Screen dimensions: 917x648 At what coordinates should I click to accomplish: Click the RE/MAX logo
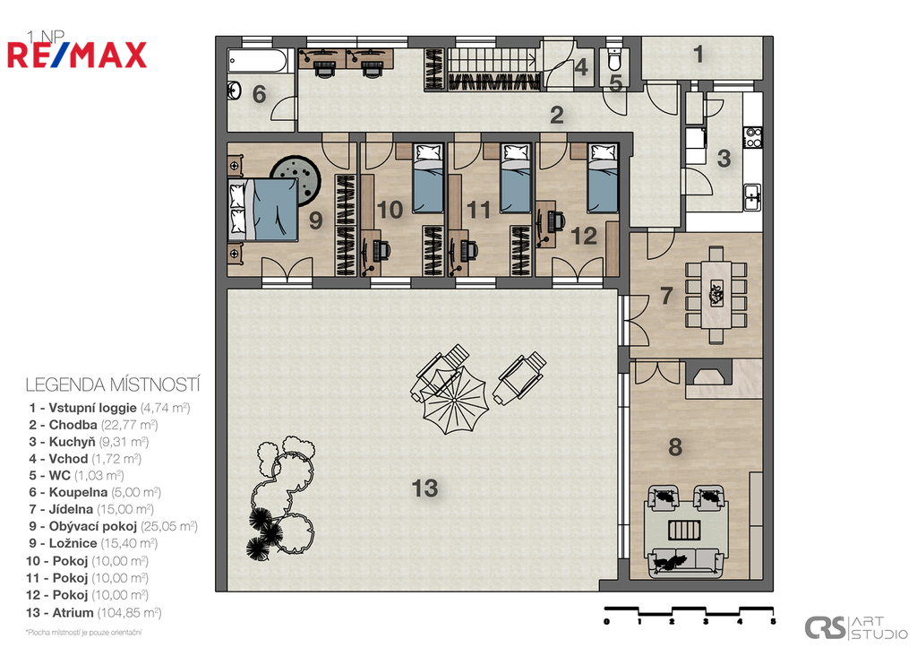[77, 55]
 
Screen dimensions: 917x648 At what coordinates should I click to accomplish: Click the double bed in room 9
[263, 210]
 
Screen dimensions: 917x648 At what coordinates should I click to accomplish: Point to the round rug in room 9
[296, 180]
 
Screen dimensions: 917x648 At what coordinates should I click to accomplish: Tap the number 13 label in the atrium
[424, 488]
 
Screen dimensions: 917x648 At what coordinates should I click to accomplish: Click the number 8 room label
[675, 447]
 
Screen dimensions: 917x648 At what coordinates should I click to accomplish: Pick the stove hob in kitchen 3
[752, 137]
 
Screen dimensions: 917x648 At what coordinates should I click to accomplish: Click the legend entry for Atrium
[93, 613]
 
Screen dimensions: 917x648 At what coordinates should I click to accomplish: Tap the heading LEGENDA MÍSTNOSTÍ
[113, 385]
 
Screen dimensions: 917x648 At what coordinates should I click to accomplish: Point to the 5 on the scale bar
[773, 622]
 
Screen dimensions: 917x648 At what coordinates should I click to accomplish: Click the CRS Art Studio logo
[856, 627]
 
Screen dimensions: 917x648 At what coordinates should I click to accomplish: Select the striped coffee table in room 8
[684, 531]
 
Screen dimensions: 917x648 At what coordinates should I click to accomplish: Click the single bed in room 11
[515, 177]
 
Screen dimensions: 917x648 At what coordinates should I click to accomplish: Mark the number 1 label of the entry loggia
[698, 55]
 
